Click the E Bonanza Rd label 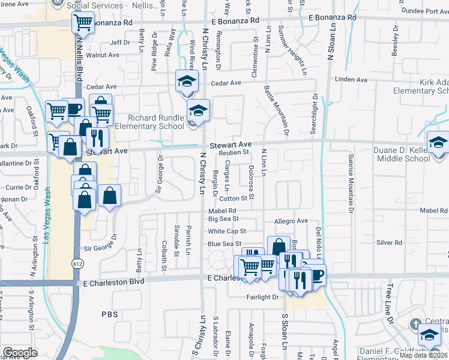pyautogui.click(x=108, y=22)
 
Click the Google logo pyautogui.click(x=20, y=353)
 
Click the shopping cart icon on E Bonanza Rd pyautogui.click(x=83, y=24)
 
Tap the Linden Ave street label pyautogui.click(x=351, y=80)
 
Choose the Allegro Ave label pyautogui.click(x=291, y=221)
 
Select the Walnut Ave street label pyautogui.click(x=103, y=55)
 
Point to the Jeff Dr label pyautogui.click(x=120, y=43)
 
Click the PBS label pyautogui.click(x=110, y=314)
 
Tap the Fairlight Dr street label pyautogui.click(x=263, y=297)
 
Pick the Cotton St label pyautogui.click(x=234, y=199)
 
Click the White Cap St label pyautogui.click(x=228, y=231)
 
